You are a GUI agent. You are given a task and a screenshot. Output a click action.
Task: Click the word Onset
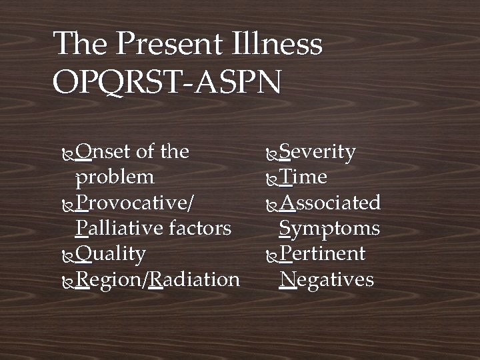tap(103, 152)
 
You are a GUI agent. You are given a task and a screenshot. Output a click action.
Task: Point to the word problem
tap(115, 177)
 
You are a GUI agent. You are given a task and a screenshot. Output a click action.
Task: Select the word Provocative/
tap(135, 203)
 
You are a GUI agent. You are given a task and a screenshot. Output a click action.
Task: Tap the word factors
tap(199, 229)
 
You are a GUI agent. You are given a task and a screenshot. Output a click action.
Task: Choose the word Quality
tap(111, 254)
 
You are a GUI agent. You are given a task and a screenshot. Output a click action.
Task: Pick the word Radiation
tap(194, 279)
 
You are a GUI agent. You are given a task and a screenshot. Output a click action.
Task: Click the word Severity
tap(317, 152)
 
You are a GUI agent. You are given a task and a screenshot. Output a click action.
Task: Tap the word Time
tap(303, 177)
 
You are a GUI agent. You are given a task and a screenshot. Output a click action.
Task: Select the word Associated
tap(330, 203)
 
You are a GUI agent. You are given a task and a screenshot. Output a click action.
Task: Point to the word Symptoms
tap(329, 229)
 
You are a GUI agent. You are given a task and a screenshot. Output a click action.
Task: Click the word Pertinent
tap(323, 254)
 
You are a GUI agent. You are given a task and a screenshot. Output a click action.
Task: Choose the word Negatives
tap(327, 279)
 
